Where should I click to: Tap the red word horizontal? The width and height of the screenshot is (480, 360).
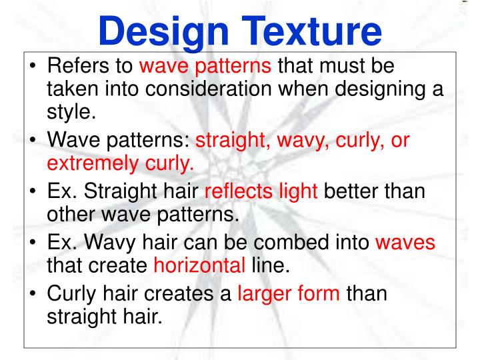tap(199, 265)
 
